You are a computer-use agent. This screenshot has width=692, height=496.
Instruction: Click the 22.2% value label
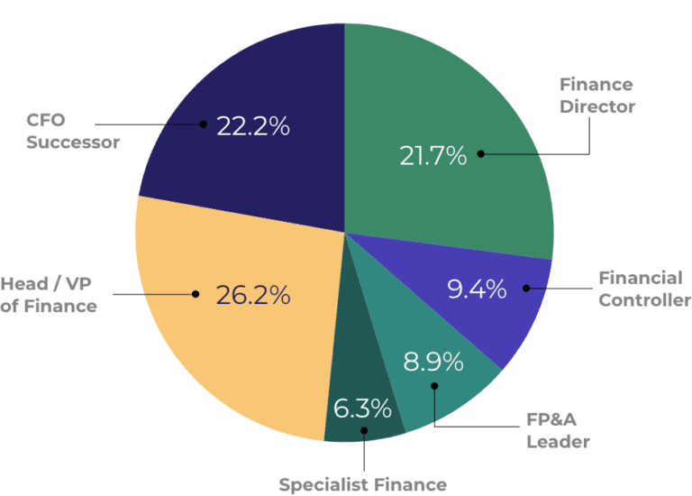pyautogui.click(x=253, y=126)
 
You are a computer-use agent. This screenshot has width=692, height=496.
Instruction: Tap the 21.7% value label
pyautogui.click(x=433, y=156)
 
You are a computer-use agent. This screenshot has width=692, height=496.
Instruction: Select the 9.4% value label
pyautogui.click(x=477, y=289)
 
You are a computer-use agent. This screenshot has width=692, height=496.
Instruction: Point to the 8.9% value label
pyautogui.click(x=433, y=363)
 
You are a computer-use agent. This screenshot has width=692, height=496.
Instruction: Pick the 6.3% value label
pyautogui.click(x=362, y=409)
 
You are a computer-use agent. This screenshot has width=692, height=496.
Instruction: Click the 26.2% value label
pyautogui.click(x=253, y=294)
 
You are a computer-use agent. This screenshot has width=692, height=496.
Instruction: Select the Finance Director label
pyautogui.click(x=597, y=96)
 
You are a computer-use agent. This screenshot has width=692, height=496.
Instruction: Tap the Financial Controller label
pyautogui.click(x=644, y=289)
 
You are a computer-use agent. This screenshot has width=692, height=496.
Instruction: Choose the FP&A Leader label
pyautogui.click(x=559, y=430)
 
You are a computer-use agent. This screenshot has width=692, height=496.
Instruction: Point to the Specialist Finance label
pyautogui.click(x=362, y=484)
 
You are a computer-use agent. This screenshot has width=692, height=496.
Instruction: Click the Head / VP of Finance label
pyautogui.click(x=49, y=295)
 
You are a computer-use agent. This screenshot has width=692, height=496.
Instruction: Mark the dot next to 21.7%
pyautogui.click(x=481, y=154)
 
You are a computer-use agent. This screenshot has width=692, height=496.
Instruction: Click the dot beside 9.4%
pyautogui.click(x=525, y=289)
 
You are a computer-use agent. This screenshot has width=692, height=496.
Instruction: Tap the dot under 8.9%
pyautogui.click(x=434, y=387)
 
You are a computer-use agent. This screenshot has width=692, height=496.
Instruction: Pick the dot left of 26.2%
pyautogui.click(x=196, y=294)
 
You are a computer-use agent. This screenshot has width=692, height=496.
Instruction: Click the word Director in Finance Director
pyautogui.click(x=597, y=106)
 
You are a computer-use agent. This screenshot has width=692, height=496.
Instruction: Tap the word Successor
pyautogui.click(x=73, y=142)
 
